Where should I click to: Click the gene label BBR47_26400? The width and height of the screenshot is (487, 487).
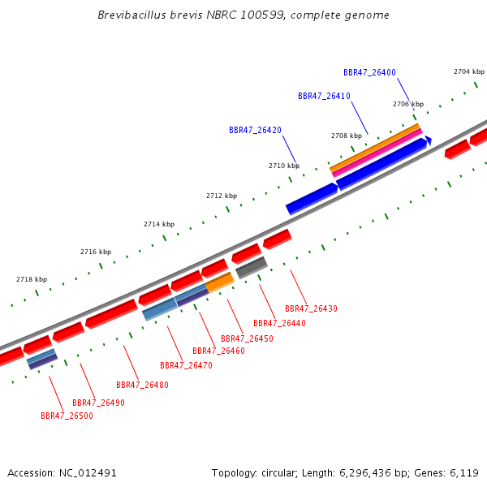pos(369,73)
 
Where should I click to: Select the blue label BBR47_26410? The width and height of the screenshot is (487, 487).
pos(324,97)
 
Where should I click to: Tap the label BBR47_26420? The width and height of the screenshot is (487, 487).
pos(256,130)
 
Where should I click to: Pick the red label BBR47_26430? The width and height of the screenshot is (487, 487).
pos(311,308)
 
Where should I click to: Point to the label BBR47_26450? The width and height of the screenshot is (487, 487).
pos(248,338)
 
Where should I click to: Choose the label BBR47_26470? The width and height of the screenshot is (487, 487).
pos(187,365)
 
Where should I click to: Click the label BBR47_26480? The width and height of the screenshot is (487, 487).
pos(143,385)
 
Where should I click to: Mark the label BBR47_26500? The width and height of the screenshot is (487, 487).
pos(67,416)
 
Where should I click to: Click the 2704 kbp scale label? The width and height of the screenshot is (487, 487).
pos(469,71)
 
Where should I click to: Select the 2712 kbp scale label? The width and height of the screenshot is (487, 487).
pos(222,196)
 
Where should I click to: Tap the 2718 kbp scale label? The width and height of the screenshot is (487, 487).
pos(32,279)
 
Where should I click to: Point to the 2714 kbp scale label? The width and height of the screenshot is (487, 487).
pos(159,224)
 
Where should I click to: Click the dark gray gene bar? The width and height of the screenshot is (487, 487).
pos(252,267)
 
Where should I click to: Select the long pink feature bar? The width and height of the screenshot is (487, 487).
pos(377,153)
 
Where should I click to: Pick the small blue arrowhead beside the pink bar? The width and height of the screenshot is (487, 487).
pos(429,140)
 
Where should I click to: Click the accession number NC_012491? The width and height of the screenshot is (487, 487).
pos(88,473)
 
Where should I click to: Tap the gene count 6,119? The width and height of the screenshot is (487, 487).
pos(464,473)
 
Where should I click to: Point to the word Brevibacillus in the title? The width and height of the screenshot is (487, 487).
pos(132,15)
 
